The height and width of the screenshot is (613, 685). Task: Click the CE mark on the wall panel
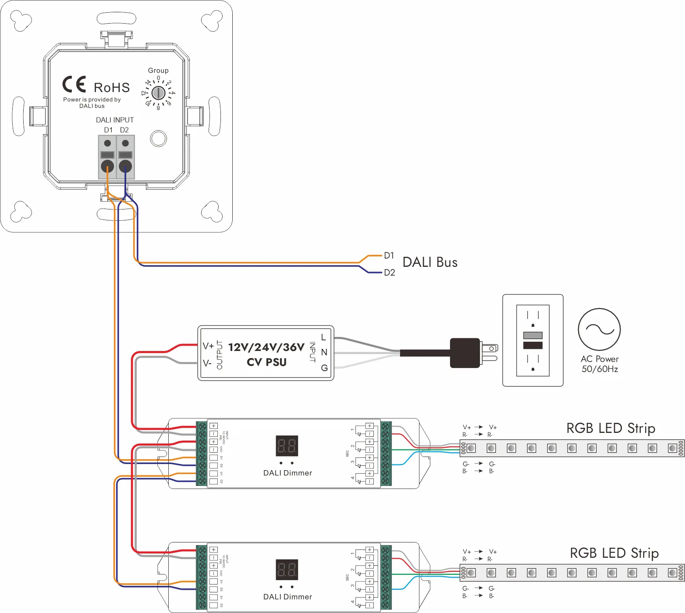pyautogui.click(x=74, y=84)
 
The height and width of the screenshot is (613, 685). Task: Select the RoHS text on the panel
pyautogui.click(x=112, y=88)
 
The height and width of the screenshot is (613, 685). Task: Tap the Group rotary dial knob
pyautogui.click(x=158, y=93)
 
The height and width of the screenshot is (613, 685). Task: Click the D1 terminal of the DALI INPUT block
pyautogui.click(x=107, y=166)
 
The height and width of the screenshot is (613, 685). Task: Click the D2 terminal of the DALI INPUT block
pyautogui.click(x=125, y=166)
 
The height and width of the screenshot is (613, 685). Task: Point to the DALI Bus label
pyautogui.click(x=430, y=262)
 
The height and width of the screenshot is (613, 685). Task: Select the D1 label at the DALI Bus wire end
pyautogui.click(x=389, y=255)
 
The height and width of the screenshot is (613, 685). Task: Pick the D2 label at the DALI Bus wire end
pyautogui.click(x=389, y=273)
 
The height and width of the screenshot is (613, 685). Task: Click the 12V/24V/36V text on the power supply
pyautogui.click(x=266, y=347)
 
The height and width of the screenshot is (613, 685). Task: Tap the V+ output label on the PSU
pyautogui.click(x=208, y=346)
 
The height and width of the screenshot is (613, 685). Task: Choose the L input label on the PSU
pyautogui.click(x=323, y=337)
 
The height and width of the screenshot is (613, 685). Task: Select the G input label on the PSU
pyautogui.click(x=324, y=368)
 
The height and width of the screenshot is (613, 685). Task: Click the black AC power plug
pyautogui.click(x=465, y=353)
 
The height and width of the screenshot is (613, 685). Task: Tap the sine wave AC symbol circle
pyautogui.click(x=599, y=330)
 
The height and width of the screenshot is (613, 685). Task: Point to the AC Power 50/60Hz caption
pyautogui.click(x=600, y=364)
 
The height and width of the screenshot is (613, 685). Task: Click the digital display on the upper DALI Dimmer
pyautogui.click(x=287, y=446)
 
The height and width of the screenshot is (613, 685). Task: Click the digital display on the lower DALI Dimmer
pyautogui.click(x=287, y=570)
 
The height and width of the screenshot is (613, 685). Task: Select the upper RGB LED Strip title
pyautogui.click(x=610, y=428)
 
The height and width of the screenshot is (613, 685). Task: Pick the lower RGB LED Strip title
pyautogui.click(x=614, y=553)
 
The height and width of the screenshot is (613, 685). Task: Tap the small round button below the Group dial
pyautogui.click(x=158, y=138)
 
